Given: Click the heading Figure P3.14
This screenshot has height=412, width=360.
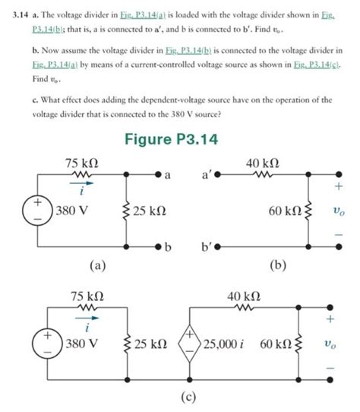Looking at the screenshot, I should (180, 140).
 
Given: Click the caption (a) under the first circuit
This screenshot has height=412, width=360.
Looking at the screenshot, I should (96, 265).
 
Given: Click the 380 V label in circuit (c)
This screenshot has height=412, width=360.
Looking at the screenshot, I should (85, 344).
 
